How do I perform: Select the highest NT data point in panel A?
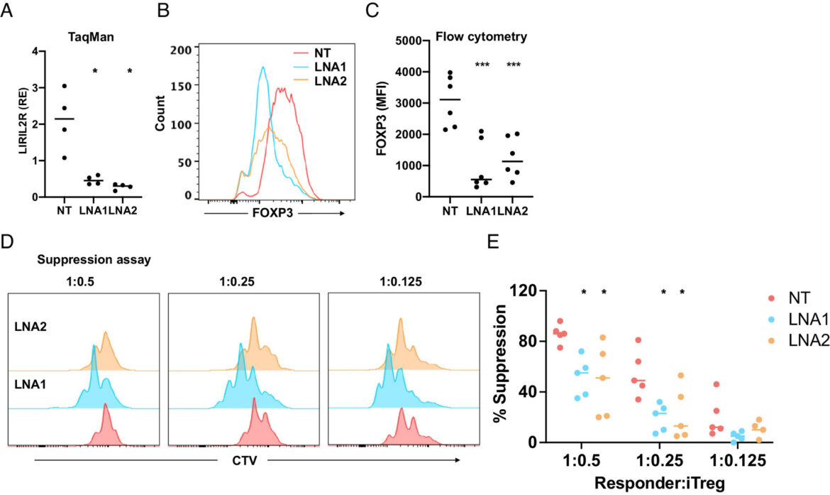point(65,86)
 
